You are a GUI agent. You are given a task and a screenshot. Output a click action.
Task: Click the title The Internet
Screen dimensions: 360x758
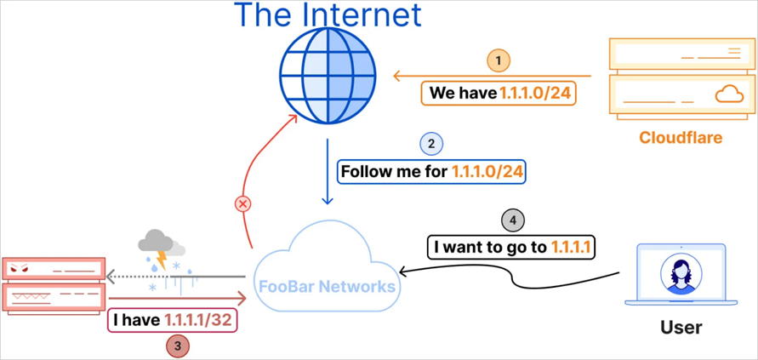coord(328,14)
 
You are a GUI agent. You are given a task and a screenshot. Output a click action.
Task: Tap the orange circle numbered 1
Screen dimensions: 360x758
coord(499,60)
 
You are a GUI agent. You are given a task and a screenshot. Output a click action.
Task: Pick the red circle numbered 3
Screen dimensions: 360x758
coord(177,346)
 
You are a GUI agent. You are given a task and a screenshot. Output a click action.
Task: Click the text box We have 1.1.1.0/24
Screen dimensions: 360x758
coord(499,93)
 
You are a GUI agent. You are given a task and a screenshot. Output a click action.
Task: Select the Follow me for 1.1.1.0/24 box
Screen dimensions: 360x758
coord(432,172)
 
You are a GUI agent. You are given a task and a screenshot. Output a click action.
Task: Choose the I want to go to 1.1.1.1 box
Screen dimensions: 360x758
coord(512,248)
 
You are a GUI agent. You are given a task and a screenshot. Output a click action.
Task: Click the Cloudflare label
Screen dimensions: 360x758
coord(680,137)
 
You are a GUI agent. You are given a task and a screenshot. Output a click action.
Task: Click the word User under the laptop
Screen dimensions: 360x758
coord(681,327)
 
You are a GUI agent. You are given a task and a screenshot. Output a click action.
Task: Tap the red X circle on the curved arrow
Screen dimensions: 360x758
coord(243,204)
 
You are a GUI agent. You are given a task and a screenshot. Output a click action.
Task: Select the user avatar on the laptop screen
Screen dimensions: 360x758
coord(680,273)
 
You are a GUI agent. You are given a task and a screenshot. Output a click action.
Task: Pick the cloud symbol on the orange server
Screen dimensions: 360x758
coord(728,95)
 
